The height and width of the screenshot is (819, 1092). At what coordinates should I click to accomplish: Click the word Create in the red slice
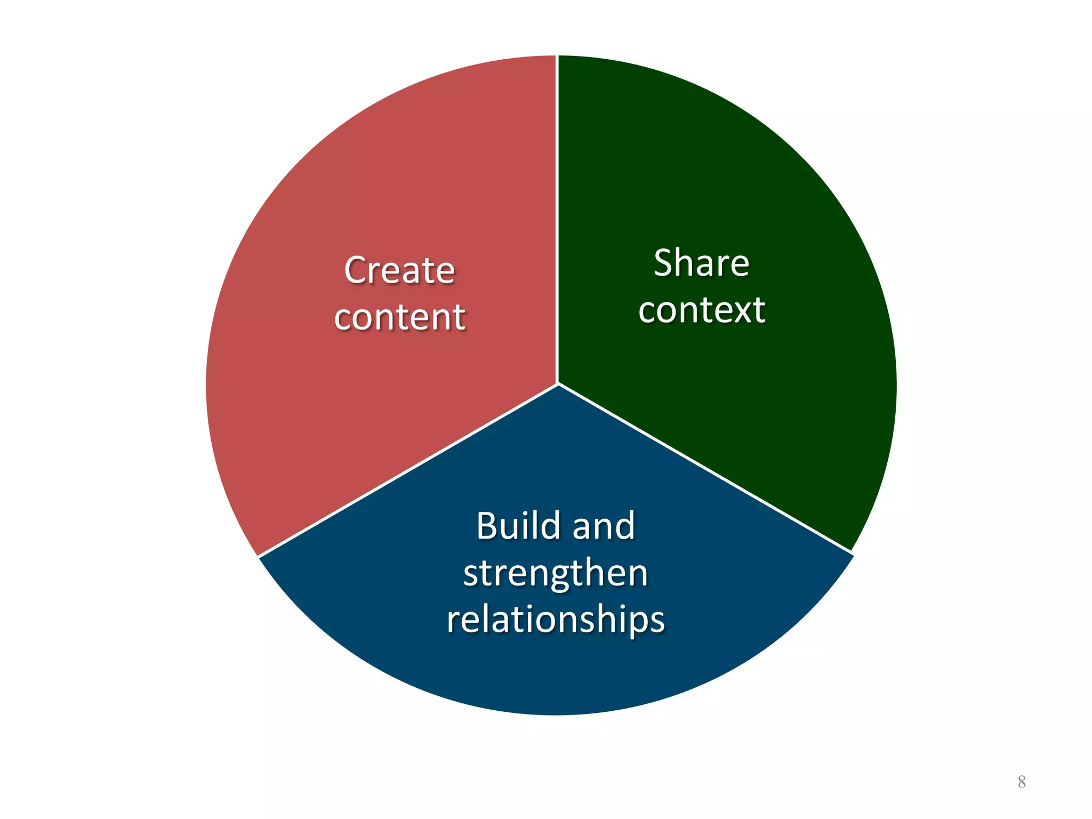pyautogui.click(x=399, y=270)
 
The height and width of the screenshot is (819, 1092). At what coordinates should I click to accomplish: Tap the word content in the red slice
pyautogui.click(x=399, y=317)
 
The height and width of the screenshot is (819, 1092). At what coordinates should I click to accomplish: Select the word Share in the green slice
pyautogui.click(x=701, y=263)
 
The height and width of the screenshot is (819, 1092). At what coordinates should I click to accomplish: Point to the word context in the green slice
pyautogui.click(x=702, y=310)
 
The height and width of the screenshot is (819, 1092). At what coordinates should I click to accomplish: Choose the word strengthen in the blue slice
pyautogui.click(x=556, y=573)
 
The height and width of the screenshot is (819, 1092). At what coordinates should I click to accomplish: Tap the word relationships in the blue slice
pyautogui.click(x=556, y=620)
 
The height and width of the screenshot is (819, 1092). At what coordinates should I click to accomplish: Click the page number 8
pyautogui.click(x=1021, y=782)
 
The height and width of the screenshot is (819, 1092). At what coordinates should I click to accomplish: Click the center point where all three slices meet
pyautogui.click(x=557, y=384)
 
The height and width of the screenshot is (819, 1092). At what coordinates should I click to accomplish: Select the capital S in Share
pyautogui.click(x=663, y=263)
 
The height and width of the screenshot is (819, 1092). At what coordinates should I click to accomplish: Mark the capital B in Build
pyautogui.click(x=487, y=526)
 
